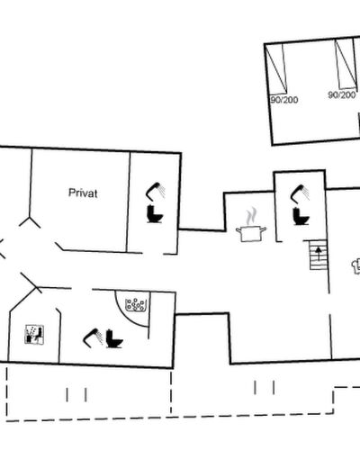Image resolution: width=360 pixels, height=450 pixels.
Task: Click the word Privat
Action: pyautogui.click(x=83, y=193)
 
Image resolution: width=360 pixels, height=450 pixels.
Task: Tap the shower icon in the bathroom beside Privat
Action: pyautogui.click(x=156, y=191)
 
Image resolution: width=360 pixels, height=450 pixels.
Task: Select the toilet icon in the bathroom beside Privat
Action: pyautogui.click(x=155, y=213)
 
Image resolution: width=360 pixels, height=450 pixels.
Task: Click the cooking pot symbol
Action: pyautogui.click(x=251, y=234)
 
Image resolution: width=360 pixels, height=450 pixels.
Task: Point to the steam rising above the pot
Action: pyautogui.click(x=251, y=216)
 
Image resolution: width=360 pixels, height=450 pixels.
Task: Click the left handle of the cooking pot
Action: pyautogui.click(x=238, y=230)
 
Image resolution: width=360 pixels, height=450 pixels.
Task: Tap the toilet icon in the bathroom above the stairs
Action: pyautogui.click(x=301, y=216)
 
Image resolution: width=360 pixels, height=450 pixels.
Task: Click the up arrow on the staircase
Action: pyautogui.click(x=319, y=254)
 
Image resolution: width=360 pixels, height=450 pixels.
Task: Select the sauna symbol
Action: pyautogui.click(x=34, y=335)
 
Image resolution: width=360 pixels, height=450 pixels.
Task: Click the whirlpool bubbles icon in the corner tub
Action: pyautogui.click(x=136, y=305)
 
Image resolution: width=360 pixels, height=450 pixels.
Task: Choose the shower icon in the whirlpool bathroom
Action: pyautogui.click(x=93, y=337)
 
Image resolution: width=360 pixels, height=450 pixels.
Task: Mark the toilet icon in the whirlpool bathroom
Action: pyautogui.click(x=114, y=338)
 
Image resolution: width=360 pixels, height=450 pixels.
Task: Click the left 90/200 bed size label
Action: pyautogui.click(x=284, y=100)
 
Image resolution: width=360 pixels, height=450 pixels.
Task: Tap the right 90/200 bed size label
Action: pyautogui.click(x=342, y=95)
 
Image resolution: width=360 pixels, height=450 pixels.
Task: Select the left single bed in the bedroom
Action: pyautogui.click(x=276, y=68)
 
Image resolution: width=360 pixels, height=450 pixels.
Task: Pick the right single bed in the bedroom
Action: pyautogui.click(x=346, y=65)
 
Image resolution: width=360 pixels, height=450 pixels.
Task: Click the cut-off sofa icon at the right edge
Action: pyautogui.click(x=356, y=266)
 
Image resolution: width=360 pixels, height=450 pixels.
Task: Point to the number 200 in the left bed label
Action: pyautogui.click(x=290, y=100)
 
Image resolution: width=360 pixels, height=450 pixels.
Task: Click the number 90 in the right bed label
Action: pyautogui.click(x=333, y=95)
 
